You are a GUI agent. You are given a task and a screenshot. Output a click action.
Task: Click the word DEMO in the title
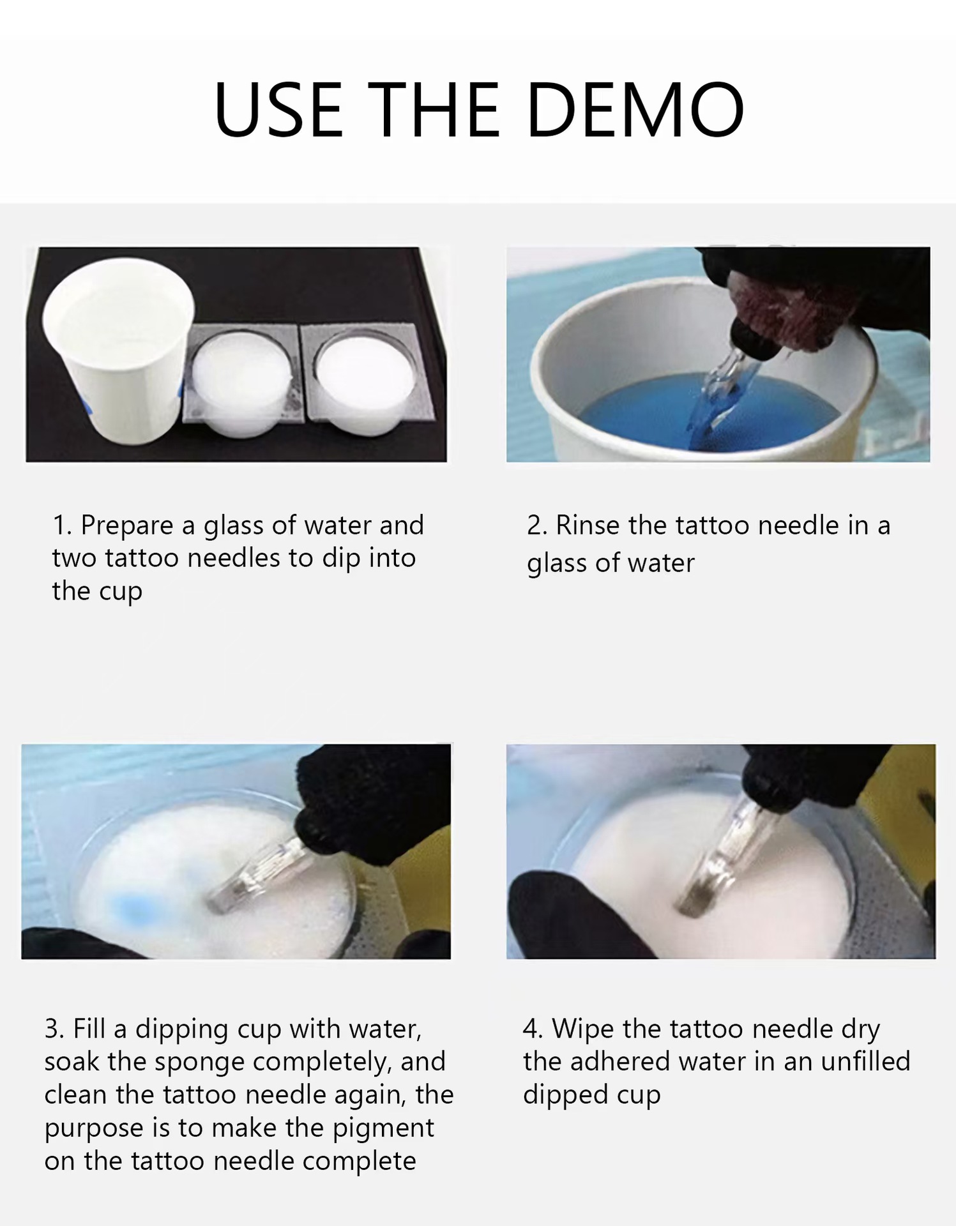(636, 110)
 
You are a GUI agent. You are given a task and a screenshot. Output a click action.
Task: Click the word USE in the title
(278, 110)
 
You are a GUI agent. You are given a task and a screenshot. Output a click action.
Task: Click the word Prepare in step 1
(127, 526)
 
